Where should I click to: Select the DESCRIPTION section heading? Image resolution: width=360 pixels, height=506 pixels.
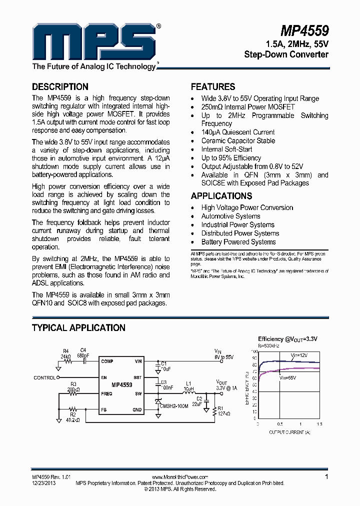[x=60, y=86]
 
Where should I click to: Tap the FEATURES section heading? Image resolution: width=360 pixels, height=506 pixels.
[x=213, y=86]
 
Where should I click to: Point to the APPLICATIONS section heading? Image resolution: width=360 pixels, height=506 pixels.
[x=221, y=196]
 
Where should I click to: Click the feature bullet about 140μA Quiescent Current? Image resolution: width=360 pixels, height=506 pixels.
[x=237, y=132]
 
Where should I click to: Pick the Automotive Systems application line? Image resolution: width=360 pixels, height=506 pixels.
[x=230, y=216]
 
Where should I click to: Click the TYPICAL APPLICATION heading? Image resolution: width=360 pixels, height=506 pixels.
[x=78, y=328]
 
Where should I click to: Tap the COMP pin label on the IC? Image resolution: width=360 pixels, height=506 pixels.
[x=107, y=361]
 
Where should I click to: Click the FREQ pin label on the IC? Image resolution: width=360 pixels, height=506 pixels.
[x=106, y=393]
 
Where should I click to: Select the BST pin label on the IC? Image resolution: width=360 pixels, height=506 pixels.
[x=138, y=377]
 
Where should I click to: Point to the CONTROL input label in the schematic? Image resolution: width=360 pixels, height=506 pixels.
[x=44, y=377]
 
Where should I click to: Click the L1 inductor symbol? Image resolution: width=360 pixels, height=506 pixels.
[x=188, y=393]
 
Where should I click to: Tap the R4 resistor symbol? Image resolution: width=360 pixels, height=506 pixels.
[x=65, y=361]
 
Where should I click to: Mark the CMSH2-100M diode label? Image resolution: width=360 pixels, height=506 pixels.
[x=174, y=406]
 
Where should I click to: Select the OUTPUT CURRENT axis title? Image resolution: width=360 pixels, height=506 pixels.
[x=289, y=431]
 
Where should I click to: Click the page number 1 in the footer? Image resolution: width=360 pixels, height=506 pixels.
[x=326, y=476]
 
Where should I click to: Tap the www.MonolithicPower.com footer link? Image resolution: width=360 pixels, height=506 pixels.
[x=179, y=477]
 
